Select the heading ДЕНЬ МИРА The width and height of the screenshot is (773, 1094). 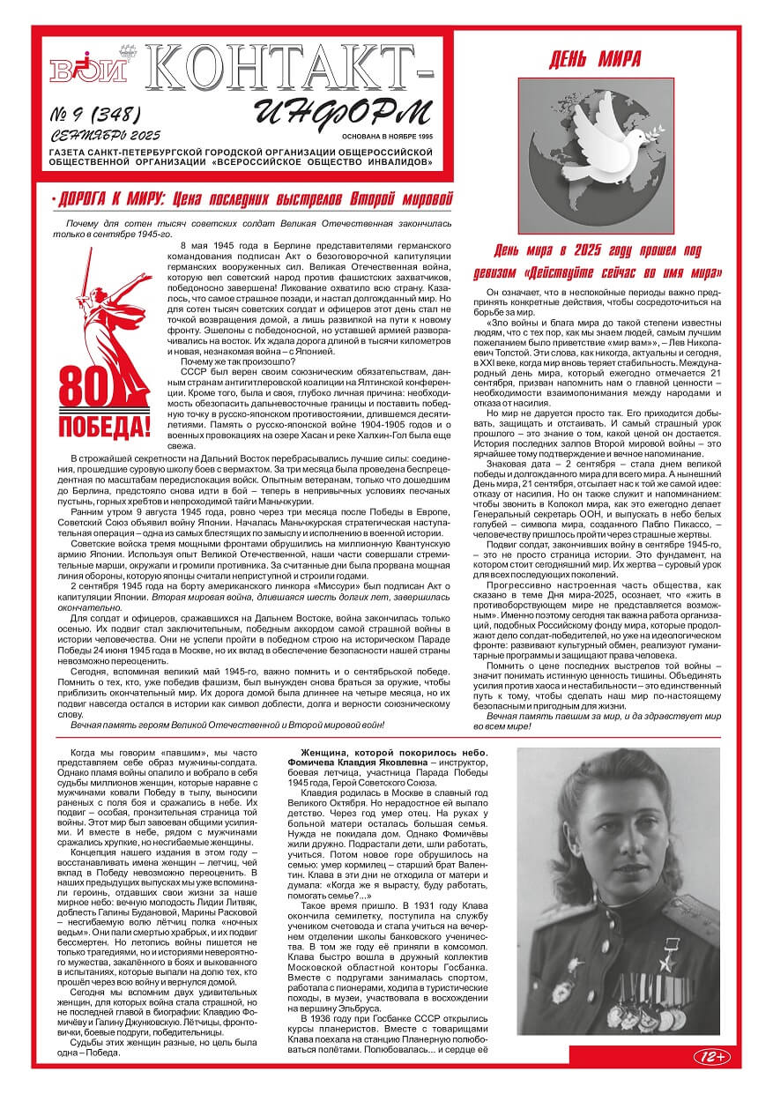pos(595,60)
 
